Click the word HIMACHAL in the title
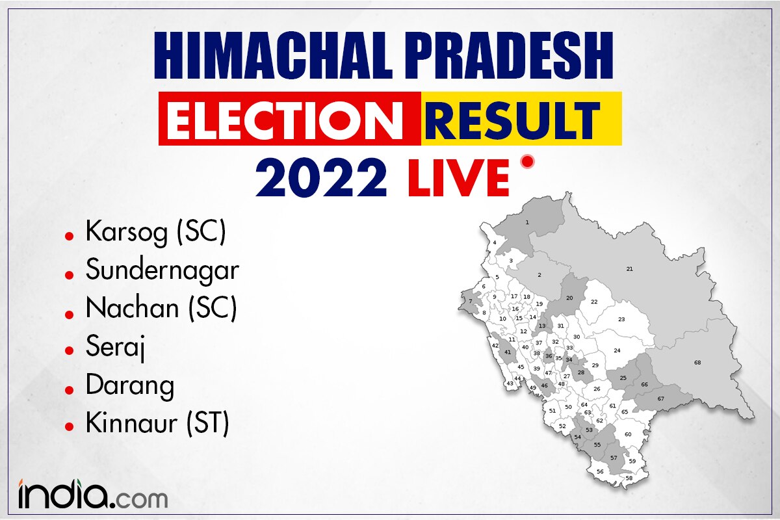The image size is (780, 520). pyautogui.click(x=274, y=56)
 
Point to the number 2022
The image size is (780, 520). pyautogui.click(x=321, y=177)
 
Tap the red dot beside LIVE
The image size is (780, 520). pyautogui.click(x=528, y=162)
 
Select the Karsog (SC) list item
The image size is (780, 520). pyautogui.click(x=156, y=233)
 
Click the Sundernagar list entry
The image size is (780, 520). pyautogui.click(x=162, y=271)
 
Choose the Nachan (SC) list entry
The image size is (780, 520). pyautogui.click(x=161, y=309)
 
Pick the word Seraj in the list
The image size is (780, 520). pyautogui.click(x=115, y=347)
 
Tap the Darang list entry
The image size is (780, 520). pyautogui.click(x=130, y=385)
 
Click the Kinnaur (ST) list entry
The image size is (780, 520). pyautogui.click(x=157, y=424)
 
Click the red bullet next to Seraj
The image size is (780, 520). pyautogui.click(x=70, y=350)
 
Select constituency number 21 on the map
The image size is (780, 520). pyautogui.click(x=630, y=269)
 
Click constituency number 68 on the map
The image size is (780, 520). pyautogui.click(x=697, y=363)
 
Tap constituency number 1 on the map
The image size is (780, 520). pyautogui.click(x=527, y=222)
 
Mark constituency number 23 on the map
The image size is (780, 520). pyautogui.click(x=621, y=319)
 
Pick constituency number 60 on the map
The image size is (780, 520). pyautogui.click(x=628, y=434)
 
